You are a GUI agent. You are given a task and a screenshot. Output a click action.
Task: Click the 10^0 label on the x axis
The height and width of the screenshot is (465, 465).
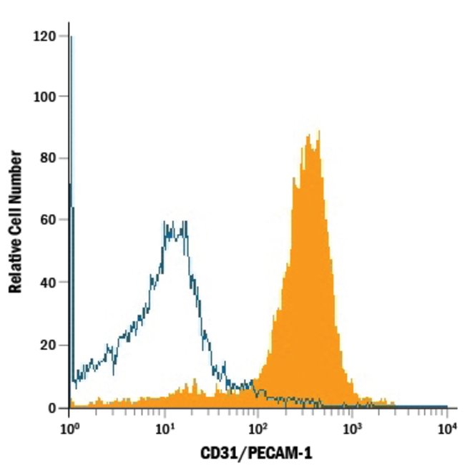tap(69, 427)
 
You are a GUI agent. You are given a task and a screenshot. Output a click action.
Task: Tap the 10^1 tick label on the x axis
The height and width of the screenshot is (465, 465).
tap(165, 427)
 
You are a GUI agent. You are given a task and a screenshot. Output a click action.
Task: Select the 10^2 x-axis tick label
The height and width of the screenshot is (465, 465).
tap(257, 427)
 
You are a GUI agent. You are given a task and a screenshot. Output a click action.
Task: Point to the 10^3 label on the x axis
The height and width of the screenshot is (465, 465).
tap(352, 427)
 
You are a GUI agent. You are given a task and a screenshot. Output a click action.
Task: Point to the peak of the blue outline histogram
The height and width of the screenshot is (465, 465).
tap(175, 223)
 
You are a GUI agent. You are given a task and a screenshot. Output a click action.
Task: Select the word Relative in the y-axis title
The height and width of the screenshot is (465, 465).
tap(15, 268)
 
